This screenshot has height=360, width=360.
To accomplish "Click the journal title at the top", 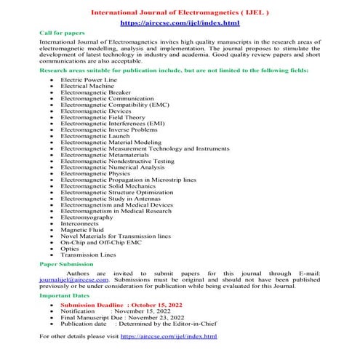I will tap(179, 13).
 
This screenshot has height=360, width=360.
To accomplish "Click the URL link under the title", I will tap(179, 24).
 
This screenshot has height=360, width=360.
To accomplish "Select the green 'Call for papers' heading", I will tap(61, 33).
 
